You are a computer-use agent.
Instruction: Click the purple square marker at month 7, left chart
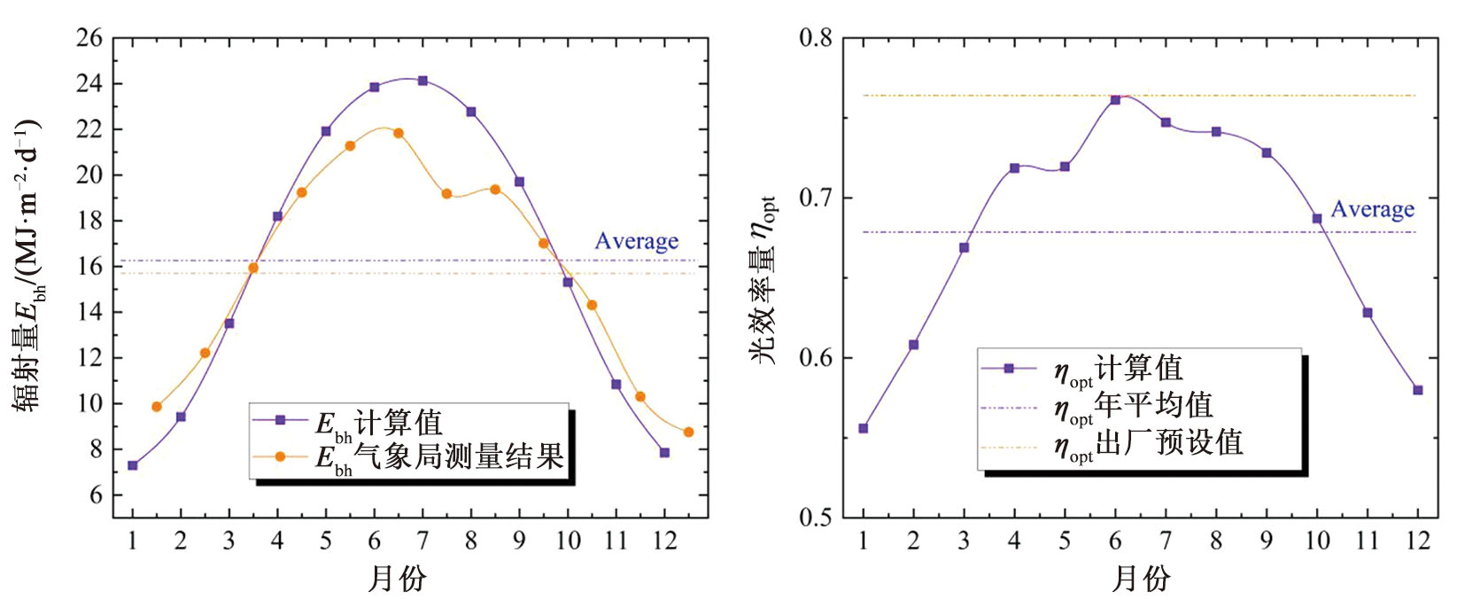point(422,81)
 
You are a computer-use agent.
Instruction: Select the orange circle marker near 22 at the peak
point(398,134)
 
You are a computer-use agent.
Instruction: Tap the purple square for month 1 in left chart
point(133,465)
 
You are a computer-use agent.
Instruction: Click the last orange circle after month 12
point(688,432)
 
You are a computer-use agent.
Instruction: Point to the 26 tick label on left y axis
point(89,38)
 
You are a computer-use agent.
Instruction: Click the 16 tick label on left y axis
point(89,266)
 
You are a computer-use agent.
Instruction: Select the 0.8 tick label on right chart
point(816,38)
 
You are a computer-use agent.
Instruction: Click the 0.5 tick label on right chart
point(816,518)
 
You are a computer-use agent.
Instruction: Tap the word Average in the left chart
point(636,241)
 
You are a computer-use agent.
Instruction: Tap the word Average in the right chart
point(1372,209)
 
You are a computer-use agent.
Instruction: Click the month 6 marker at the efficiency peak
point(1115,99)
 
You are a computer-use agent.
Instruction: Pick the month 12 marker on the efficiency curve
point(1418,390)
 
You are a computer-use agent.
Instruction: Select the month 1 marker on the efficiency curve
point(864,428)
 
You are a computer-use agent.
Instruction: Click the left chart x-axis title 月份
point(397,579)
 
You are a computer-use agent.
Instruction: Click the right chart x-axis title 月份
point(1141,579)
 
